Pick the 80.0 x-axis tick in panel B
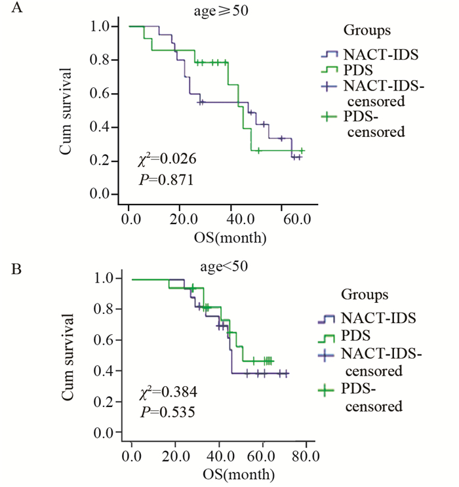pos(306,455)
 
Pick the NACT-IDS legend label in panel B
pos(369,319)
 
